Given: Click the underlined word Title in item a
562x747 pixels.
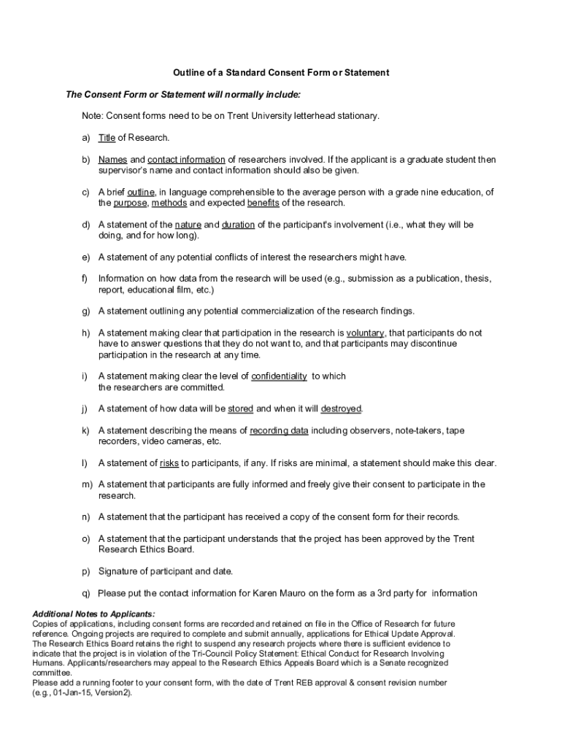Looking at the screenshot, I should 107,138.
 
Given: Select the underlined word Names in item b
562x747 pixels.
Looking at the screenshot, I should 113,160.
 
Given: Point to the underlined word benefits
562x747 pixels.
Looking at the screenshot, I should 263,203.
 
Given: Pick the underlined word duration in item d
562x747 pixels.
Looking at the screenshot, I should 238,225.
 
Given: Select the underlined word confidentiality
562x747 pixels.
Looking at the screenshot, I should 279,376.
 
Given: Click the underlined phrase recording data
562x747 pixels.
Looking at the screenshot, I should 279,430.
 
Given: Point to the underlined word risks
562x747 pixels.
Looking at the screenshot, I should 169,463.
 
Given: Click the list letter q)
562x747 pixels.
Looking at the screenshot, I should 86,593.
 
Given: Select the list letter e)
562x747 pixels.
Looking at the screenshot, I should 86,258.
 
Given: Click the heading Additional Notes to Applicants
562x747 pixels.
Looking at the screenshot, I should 93,614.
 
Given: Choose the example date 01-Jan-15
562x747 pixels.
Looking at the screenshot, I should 73,692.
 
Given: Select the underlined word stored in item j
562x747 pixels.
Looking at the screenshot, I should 240,409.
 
